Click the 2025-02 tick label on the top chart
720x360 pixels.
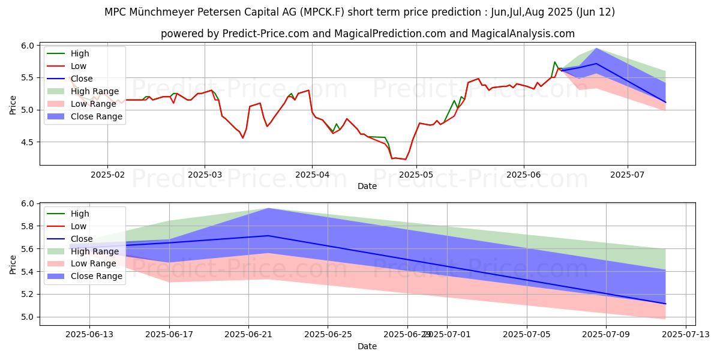(x=107, y=174)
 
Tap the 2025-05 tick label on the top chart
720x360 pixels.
(x=417, y=174)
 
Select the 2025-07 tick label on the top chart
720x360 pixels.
(x=628, y=174)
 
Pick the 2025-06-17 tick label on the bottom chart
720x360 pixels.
(x=169, y=334)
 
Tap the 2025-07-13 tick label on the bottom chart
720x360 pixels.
(x=685, y=334)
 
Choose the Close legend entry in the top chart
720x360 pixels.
(x=82, y=79)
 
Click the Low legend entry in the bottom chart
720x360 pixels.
(x=79, y=226)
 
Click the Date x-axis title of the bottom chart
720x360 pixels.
(x=367, y=346)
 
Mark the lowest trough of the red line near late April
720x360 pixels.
(x=406, y=159)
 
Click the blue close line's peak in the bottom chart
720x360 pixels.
(x=268, y=236)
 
